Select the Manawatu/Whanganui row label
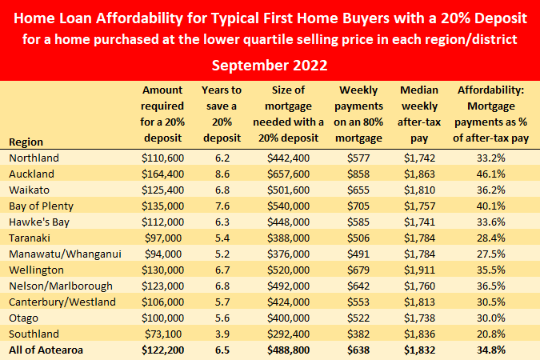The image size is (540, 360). pyautogui.click(x=65, y=254)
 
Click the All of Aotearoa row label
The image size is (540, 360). pyautogui.click(x=46, y=350)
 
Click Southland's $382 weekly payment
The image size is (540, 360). pyautogui.click(x=358, y=334)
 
